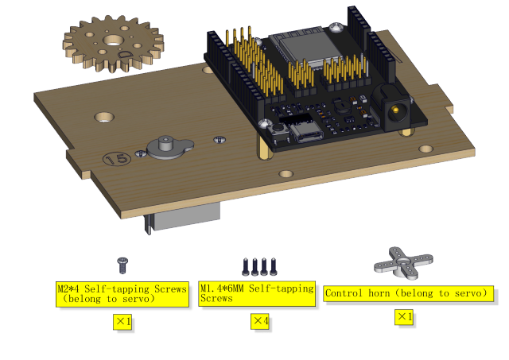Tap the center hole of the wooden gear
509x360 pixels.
tap(113, 41)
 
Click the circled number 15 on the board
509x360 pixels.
tap(117, 159)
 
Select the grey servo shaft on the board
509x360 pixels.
tap(165, 143)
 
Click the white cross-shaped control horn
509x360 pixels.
tap(403, 263)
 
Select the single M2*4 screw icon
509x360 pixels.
tap(122, 265)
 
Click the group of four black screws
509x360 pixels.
tap(260, 266)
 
